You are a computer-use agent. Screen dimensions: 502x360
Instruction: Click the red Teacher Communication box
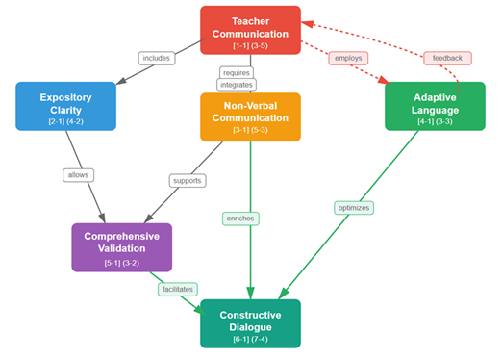point(250,30)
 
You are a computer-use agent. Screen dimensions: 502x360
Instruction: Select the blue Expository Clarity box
point(65,106)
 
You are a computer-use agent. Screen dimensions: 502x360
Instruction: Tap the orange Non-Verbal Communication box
point(250,117)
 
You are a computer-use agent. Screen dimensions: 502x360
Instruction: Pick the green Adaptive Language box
point(435,106)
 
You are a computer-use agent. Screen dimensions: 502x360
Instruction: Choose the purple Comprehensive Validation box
point(122,247)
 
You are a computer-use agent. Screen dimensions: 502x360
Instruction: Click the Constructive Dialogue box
point(250,323)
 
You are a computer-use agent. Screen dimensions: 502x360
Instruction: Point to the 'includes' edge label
point(157,58)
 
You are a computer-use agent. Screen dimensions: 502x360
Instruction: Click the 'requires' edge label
point(237,73)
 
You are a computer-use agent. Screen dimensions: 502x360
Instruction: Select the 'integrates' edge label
point(237,85)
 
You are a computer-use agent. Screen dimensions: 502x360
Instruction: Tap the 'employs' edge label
point(348,58)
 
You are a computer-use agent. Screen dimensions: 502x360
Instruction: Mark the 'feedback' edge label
point(447,58)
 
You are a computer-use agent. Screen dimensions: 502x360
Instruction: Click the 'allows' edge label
point(78,175)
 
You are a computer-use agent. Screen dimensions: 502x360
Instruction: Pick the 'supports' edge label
point(188,181)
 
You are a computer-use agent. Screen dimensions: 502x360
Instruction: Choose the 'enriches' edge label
point(240,219)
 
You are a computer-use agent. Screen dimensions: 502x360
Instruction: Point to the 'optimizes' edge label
point(354,208)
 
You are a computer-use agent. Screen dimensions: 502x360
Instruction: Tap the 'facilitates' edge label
point(178,289)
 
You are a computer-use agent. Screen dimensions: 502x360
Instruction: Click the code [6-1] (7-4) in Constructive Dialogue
point(250,339)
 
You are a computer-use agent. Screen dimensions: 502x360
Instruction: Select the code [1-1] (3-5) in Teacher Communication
point(250,45)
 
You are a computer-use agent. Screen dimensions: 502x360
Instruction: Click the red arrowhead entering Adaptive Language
point(385,80)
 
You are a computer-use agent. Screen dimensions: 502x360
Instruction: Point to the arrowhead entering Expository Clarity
point(121,81)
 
